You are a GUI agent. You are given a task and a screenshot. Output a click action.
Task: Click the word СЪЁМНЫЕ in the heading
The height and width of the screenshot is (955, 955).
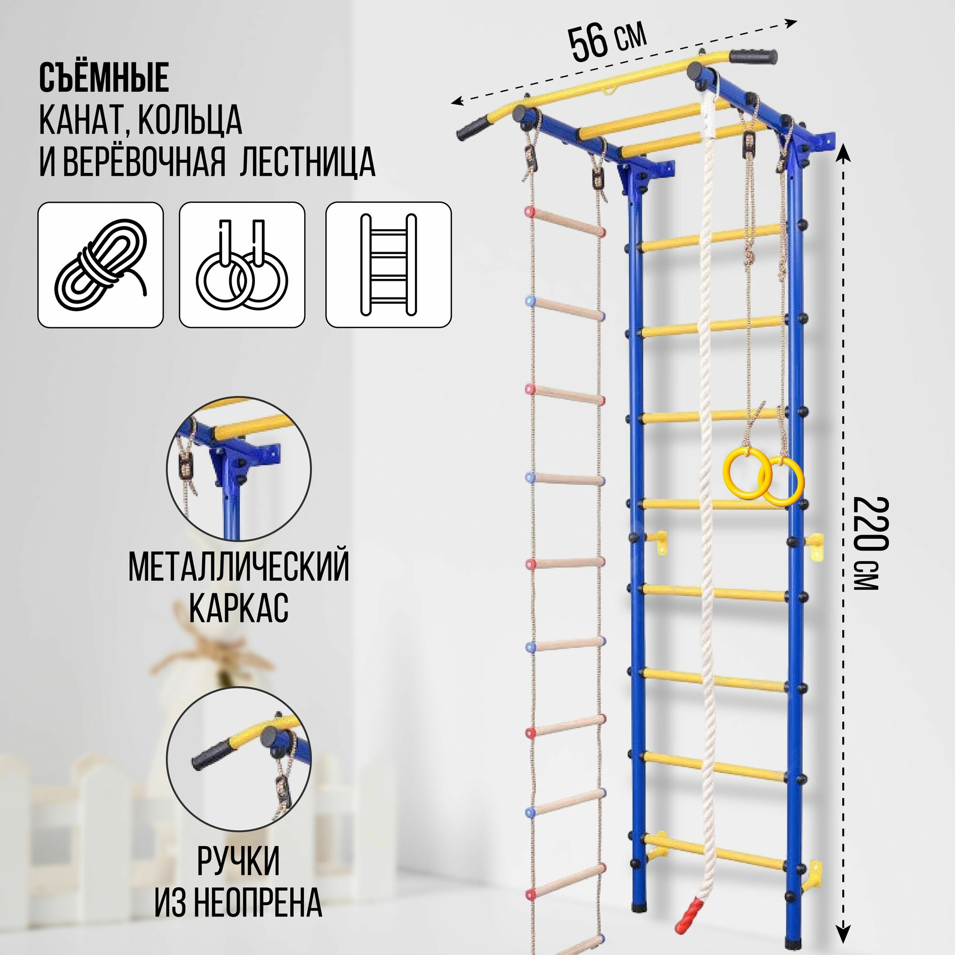(104, 78)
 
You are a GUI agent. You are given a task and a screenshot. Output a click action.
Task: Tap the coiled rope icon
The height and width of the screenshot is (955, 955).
(101, 265)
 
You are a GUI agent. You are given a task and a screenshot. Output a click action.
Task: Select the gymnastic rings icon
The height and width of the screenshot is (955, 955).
(242, 265)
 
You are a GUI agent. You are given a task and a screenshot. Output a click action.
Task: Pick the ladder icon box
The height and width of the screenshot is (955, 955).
(388, 265)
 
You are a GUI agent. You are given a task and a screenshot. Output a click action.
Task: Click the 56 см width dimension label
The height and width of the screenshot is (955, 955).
(607, 42)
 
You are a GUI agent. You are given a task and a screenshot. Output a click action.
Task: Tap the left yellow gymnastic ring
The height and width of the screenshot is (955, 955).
(747, 472)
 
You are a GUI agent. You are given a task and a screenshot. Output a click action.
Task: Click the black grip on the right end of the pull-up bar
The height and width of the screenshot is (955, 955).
(753, 56)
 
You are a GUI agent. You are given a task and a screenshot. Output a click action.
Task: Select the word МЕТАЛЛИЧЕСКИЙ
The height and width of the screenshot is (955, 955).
(239, 567)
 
